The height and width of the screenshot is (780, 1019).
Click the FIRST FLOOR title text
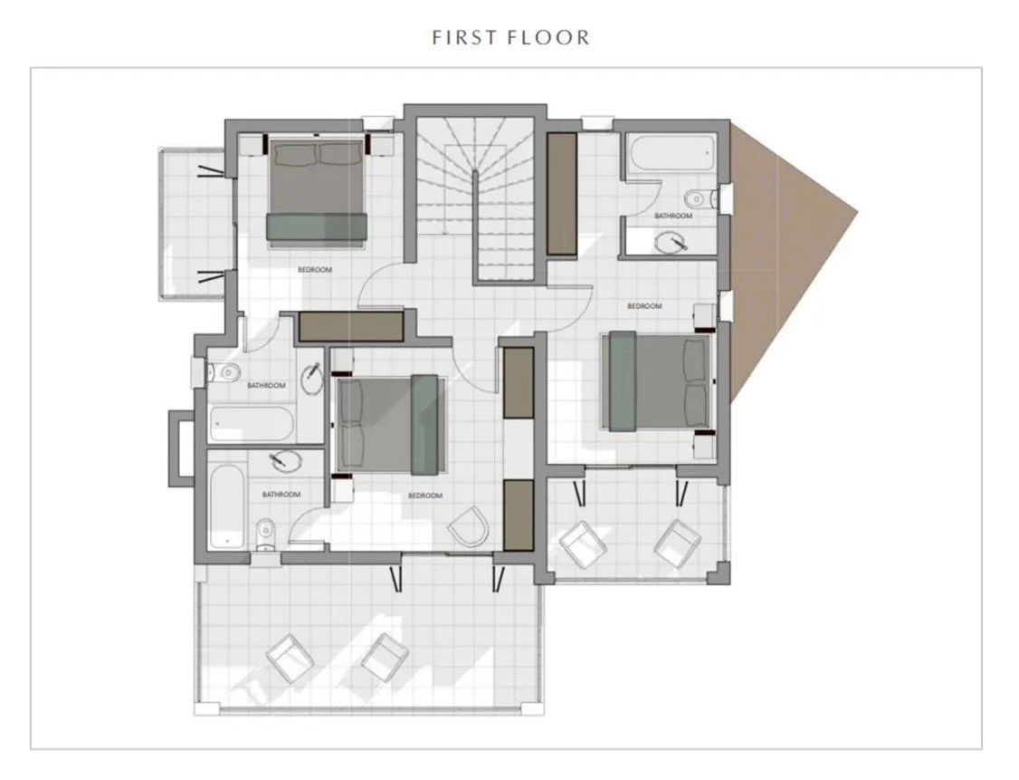(510, 37)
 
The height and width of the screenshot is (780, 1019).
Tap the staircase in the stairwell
(475, 198)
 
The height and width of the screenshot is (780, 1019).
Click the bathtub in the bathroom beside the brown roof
(671, 153)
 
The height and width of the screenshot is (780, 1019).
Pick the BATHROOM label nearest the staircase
(672, 216)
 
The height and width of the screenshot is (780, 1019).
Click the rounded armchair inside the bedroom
(469, 526)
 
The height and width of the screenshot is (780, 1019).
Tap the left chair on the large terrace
(290, 658)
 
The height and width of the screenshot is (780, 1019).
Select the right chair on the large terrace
(384, 657)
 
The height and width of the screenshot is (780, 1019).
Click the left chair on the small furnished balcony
(583, 543)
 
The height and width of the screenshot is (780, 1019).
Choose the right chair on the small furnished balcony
(678, 544)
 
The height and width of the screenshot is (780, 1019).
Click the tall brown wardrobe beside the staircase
(561, 194)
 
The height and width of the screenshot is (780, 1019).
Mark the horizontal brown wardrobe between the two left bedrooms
(351, 326)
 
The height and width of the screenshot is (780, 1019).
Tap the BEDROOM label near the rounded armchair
(425, 496)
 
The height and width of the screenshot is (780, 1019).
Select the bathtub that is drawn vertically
(227, 506)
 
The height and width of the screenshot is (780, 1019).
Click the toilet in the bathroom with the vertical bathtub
(265, 534)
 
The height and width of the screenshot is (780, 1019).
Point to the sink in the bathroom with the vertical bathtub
(285, 461)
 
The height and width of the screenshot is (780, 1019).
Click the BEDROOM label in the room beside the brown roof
(644, 306)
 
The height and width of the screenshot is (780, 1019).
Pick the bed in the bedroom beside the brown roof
(657, 381)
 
